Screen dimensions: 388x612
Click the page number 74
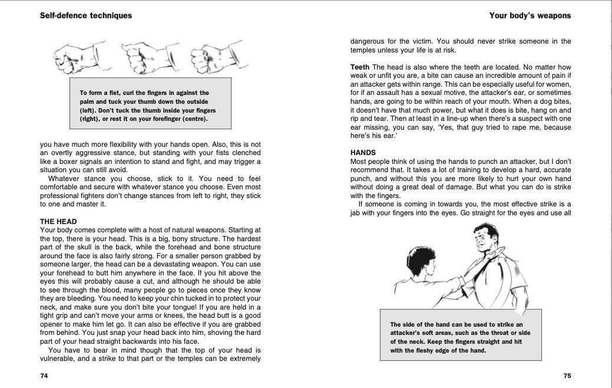click(x=44, y=376)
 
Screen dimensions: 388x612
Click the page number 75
click(x=567, y=376)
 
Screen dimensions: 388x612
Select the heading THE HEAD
click(x=58, y=222)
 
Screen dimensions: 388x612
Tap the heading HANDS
click(x=363, y=153)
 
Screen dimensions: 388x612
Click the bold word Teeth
click(x=360, y=67)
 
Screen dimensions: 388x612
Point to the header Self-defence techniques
click(x=86, y=16)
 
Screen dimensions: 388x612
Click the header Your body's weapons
click(x=530, y=16)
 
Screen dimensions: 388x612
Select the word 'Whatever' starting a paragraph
click(x=64, y=179)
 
